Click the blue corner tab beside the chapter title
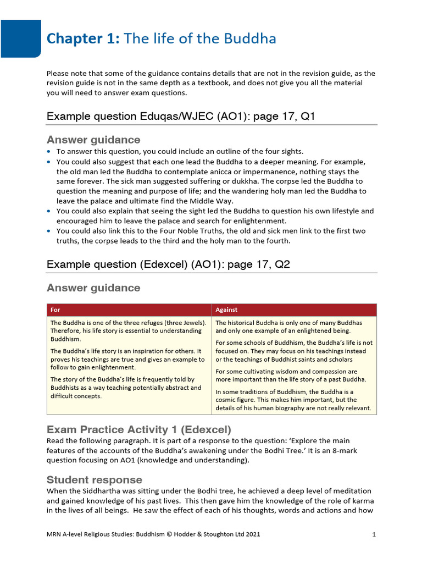(20, 38)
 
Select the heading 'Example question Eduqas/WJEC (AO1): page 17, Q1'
(181, 117)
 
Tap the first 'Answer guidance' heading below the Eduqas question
(93, 140)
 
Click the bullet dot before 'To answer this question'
(49, 152)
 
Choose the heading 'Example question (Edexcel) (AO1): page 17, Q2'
(168, 264)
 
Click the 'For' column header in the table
(55, 310)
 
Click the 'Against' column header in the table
(226, 310)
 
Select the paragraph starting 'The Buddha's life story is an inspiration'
(127, 359)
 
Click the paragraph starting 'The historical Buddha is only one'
(288, 327)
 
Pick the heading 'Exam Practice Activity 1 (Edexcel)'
(139, 429)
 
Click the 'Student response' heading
(95, 479)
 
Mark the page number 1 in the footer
(374, 534)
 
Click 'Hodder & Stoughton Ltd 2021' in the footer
(214, 534)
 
